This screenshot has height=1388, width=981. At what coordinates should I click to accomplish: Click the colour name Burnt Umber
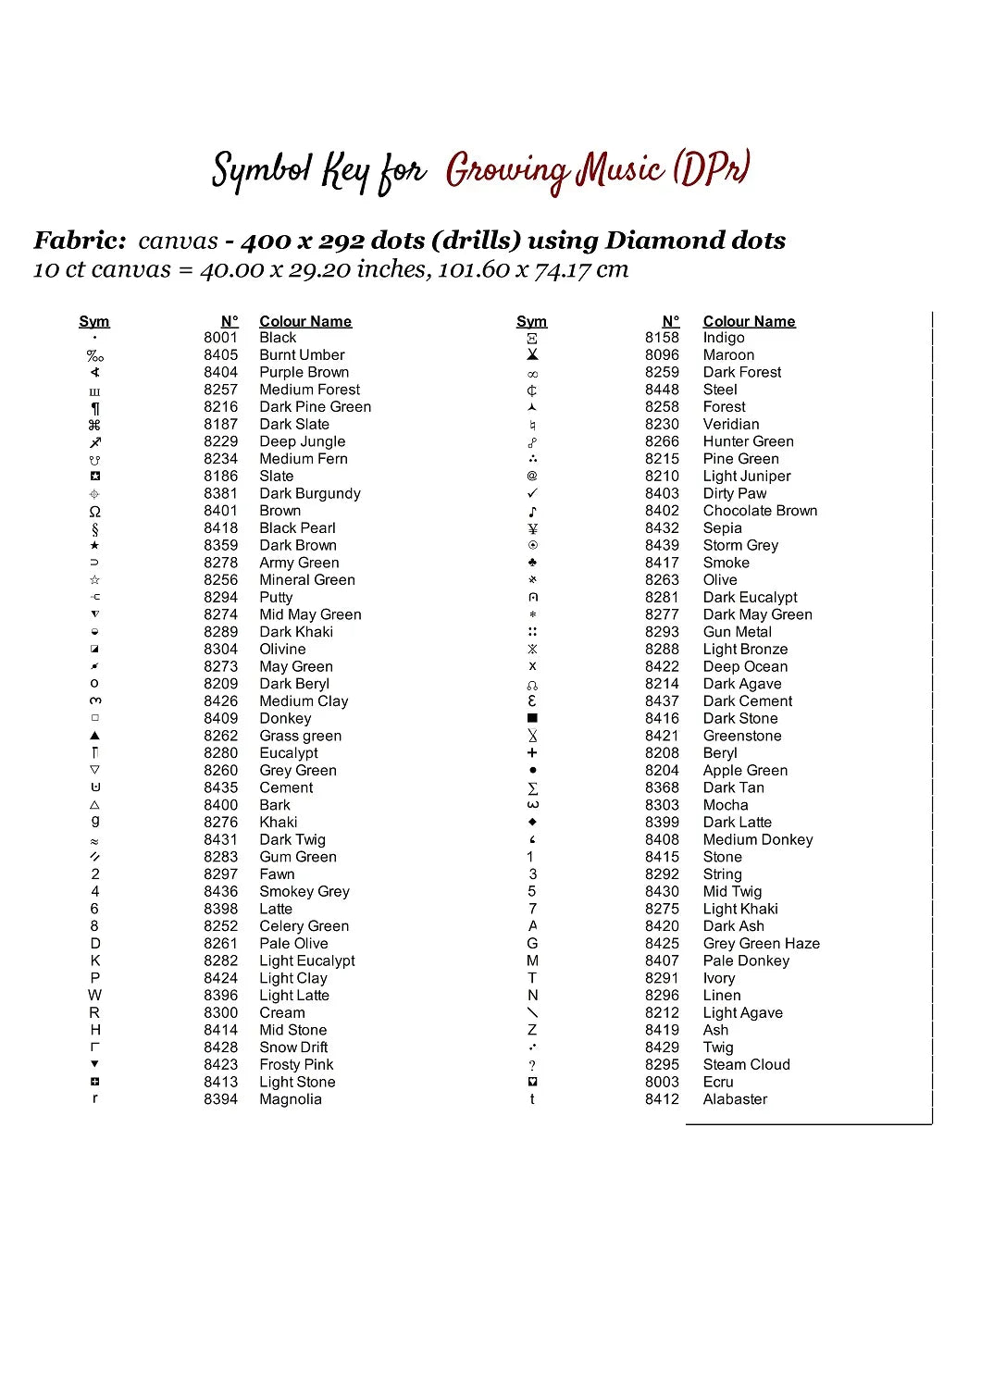[302, 355]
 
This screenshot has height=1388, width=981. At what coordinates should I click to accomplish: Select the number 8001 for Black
[220, 338]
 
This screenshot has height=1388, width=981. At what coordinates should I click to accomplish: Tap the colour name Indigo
[723, 338]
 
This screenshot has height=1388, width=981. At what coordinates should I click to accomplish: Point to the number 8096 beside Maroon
[662, 355]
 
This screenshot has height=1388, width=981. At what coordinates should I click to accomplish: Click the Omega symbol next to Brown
[94, 512]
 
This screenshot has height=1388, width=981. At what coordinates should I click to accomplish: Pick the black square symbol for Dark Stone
[532, 718]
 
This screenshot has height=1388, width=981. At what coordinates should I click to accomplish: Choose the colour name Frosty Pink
[296, 1065]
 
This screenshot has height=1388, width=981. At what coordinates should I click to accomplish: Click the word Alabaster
[735, 1099]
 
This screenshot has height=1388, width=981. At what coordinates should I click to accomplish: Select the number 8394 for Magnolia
[220, 1099]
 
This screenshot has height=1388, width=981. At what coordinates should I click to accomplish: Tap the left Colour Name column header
[305, 321]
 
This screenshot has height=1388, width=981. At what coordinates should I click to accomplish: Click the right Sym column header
[531, 321]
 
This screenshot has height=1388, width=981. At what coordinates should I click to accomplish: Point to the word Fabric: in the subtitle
[80, 241]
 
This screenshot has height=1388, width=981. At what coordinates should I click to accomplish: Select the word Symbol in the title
[262, 172]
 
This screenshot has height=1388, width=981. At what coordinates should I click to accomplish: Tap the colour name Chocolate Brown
[760, 511]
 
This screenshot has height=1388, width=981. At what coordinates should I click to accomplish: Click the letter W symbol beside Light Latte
[94, 996]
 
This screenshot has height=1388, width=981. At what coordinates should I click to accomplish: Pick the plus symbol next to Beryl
[532, 753]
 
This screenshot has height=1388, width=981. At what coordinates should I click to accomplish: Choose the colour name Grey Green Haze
[761, 944]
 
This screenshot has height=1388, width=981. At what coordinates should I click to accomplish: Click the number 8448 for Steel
[662, 390]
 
